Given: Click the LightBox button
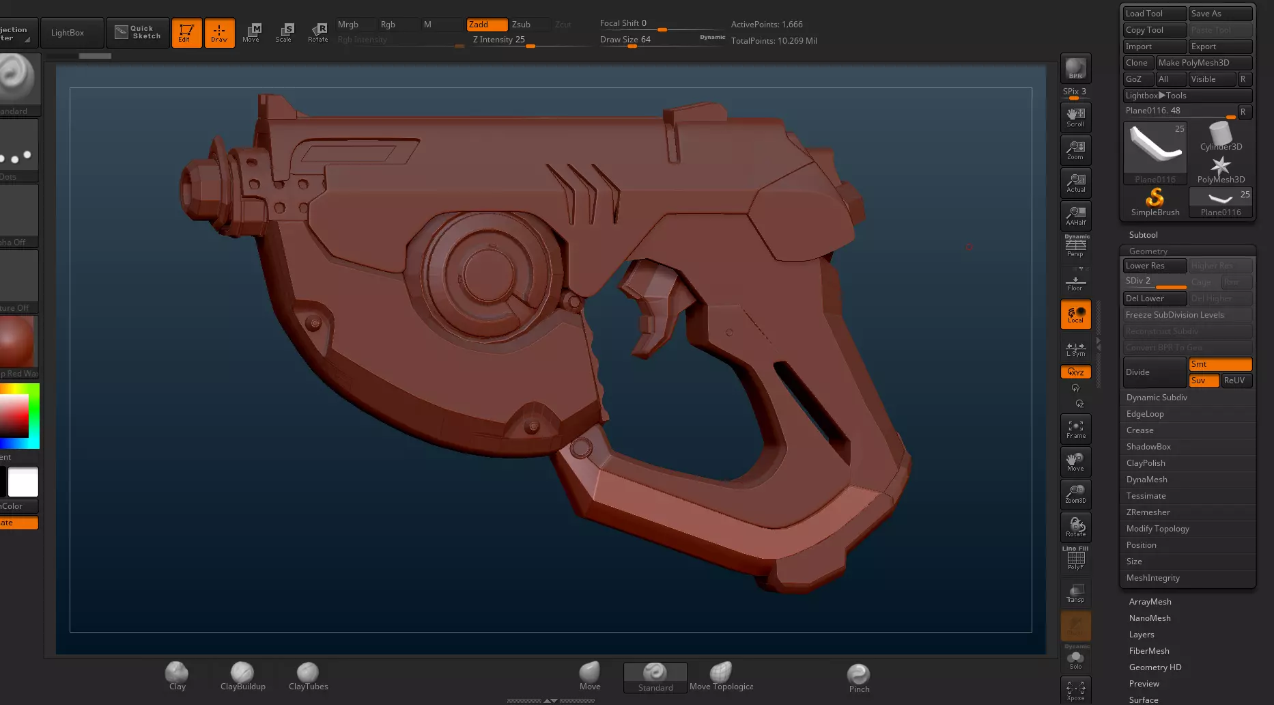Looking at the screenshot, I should pyautogui.click(x=68, y=33).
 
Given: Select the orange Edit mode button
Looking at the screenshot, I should pyautogui.click(x=186, y=33).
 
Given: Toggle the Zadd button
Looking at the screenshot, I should pyautogui.click(x=487, y=25).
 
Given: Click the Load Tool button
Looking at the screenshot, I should pyautogui.click(x=1155, y=14).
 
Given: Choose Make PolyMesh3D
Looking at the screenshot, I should pyautogui.click(x=1204, y=63).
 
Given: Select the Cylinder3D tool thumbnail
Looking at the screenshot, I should pyautogui.click(x=1221, y=137).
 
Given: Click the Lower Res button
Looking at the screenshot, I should pyautogui.click(x=1155, y=266).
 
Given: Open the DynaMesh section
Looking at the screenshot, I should pyautogui.click(x=1147, y=480).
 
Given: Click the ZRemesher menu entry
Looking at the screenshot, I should pyautogui.click(x=1148, y=512).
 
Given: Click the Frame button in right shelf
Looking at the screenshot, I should pyautogui.click(x=1075, y=429).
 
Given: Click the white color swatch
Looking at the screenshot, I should pyautogui.click(x=23, y=482).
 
